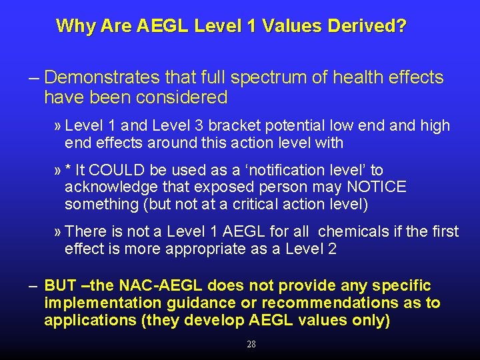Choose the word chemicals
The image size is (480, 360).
click(351, 232)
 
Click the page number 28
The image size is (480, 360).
click(251, 345)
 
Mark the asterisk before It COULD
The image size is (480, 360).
click(68, 170)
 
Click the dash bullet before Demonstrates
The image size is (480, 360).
click(33, 78)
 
